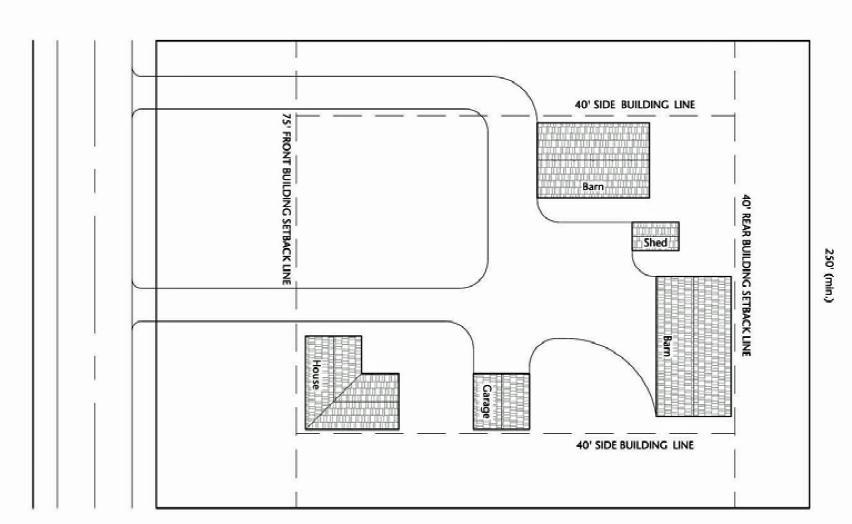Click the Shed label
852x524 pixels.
(655, 243)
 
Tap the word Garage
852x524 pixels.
(487, 402)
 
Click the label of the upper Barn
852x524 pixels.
(592, 186)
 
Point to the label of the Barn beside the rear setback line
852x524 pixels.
(667, 345)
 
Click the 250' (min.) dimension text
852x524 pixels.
(829, 275)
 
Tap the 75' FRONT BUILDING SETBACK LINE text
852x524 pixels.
(286, 199)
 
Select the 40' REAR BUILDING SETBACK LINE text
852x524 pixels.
(746, 275)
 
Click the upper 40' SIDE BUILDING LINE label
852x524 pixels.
(635, 105)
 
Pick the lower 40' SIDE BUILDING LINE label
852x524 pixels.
(635, 445)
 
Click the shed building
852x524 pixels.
(655, 236)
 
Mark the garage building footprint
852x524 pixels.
(501, 402)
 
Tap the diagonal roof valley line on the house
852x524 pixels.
(334, 401)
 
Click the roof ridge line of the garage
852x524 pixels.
(501, 402)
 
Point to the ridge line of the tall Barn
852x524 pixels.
(694, 347)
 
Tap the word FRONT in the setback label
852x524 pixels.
(286, 149)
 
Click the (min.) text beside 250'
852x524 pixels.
(829, 288)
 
